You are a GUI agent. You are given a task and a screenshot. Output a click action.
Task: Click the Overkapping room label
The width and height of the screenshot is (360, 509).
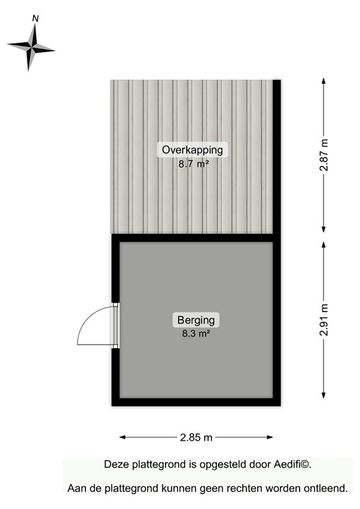pyautogui.click(x=193, y=150)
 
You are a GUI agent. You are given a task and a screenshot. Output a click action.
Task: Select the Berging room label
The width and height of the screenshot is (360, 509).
pyautogui.click(x=196, y=321)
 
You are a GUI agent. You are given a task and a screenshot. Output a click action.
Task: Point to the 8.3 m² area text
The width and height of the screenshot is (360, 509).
pyautogui.click(x=196, y=334)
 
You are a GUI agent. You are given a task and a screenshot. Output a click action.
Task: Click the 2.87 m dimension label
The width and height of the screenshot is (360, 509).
pyautogui.click(x=324, y=156)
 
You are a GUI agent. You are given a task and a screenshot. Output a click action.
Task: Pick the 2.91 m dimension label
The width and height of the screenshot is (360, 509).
pyautogui.click(x=324, y=319)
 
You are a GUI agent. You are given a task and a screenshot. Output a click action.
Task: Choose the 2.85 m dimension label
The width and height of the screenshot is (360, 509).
pyautogui.click(x=196, y=437)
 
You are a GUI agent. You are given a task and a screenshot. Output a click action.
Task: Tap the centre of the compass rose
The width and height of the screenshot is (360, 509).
pyautogui.click(x=30, y=46)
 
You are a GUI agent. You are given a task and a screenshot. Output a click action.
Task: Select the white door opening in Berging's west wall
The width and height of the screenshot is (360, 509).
pyautogui.click(x=115, y=325)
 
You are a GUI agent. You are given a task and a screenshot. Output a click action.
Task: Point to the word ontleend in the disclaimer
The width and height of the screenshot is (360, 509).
pyautogui.click(x=326, y=488)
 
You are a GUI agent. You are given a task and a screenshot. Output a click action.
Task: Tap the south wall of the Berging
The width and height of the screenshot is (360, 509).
pyautogui.click(x=196, y=402)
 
